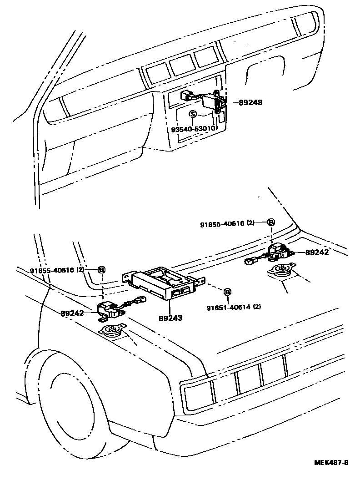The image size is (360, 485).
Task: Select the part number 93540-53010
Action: click(193, 129)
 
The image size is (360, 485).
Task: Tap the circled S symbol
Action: click(193, 114)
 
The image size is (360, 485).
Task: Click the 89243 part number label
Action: click(171, 318)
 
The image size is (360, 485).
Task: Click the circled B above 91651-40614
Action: click(227, 291)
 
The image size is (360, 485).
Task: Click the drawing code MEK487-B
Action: click(331, 463)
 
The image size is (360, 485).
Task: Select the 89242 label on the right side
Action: click(317, 252)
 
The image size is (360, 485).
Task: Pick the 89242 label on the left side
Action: click(73, 313)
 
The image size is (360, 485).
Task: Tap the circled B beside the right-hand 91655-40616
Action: click(270, 222)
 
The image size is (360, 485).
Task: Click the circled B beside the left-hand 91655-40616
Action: click(102, 270)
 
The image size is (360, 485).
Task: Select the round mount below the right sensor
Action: click(282, 271)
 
